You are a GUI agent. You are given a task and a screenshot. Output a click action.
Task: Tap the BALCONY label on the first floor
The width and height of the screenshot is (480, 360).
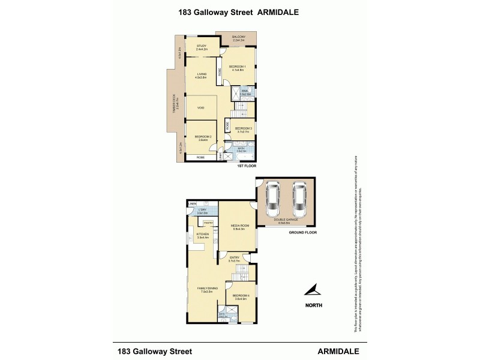[239, 37]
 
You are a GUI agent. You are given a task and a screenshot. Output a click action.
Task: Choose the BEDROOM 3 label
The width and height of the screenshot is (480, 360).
[242, 128]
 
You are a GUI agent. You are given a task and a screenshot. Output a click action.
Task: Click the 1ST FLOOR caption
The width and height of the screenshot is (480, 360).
[247, 165]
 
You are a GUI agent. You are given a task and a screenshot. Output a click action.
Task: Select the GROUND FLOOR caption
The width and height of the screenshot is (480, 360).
[302, 232]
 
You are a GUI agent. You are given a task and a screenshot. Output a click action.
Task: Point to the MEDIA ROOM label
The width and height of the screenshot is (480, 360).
[239, 226]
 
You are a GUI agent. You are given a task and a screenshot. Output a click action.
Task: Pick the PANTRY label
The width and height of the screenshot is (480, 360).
[208, 223]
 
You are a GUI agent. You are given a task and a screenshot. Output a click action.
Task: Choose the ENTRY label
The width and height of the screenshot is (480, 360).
[234, 258]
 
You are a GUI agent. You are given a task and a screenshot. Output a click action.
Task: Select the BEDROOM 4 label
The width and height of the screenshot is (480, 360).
[240, 295]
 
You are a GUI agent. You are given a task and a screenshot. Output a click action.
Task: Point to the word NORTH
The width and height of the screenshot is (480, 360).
[313, 305]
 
